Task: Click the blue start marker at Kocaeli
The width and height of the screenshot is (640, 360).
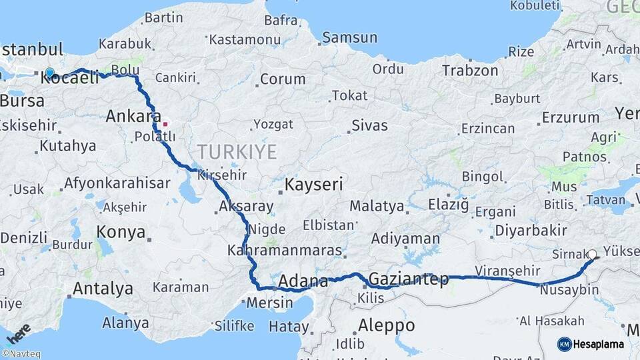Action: pos(49,73)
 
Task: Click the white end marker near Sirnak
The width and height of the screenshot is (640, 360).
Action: pos(593,254)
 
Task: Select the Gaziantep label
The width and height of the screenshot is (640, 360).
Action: pos(408,279)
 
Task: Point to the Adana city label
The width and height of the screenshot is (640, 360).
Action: pos(303,281)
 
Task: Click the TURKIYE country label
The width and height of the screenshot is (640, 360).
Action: pos(237,152)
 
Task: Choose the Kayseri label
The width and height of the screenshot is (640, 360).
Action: pos(314,184)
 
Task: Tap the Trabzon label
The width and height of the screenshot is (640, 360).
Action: pos(470,70)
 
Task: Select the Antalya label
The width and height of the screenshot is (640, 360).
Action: pos(102,289)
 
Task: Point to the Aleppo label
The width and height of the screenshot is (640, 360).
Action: pos(386,325)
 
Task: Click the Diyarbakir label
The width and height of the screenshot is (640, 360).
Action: pos(531,231)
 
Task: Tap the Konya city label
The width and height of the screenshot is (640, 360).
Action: pos(121,232)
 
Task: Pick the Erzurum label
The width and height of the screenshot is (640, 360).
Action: pos(570,117)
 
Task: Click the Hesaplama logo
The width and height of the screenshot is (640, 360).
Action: pos(591,344)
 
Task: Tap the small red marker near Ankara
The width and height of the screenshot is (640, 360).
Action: pos(165,123)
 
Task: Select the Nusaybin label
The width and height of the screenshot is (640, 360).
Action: pos(569,291)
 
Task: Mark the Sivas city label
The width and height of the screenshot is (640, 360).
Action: pos(369,124)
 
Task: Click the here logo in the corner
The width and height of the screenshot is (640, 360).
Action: pos(18,333)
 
